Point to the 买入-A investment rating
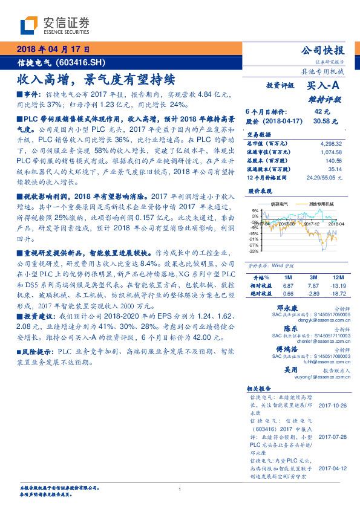(324, 86)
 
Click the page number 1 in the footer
(180, 490)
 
